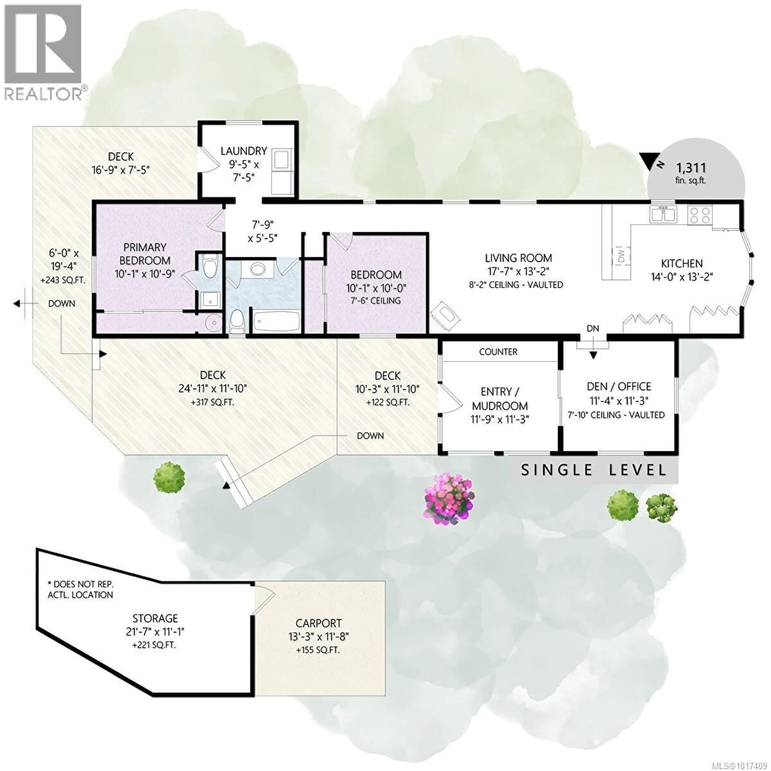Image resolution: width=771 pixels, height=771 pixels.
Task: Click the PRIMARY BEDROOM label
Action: pos(145,254)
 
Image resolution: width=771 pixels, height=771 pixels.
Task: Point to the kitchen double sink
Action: pos(663,214)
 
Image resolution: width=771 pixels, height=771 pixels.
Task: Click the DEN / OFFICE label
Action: pos(619,386)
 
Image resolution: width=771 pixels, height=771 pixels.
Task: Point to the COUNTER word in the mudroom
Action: pos(498,352)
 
